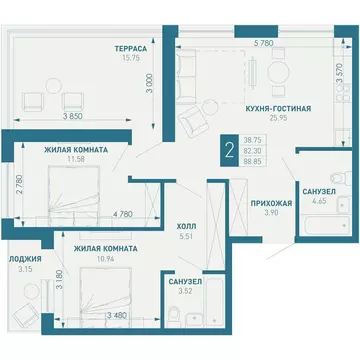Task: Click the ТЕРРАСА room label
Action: coord(131,49)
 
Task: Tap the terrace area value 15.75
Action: coord(131,57)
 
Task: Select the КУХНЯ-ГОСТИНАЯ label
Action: coord(278,109)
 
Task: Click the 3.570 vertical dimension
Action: coord(339,75)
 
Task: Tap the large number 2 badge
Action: coord(229,151)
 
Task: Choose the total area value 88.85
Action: coord(253,162)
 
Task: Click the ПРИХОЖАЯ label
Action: coord(271,203)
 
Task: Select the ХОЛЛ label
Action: coord(187,227)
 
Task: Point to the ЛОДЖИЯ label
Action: coord(25,259)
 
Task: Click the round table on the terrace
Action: coord(53,86)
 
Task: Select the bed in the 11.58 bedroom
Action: coord(74,192)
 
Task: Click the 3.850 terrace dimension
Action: coord(72,116)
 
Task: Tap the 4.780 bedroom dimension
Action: coord(123,214)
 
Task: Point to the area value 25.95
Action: coord(278,117)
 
